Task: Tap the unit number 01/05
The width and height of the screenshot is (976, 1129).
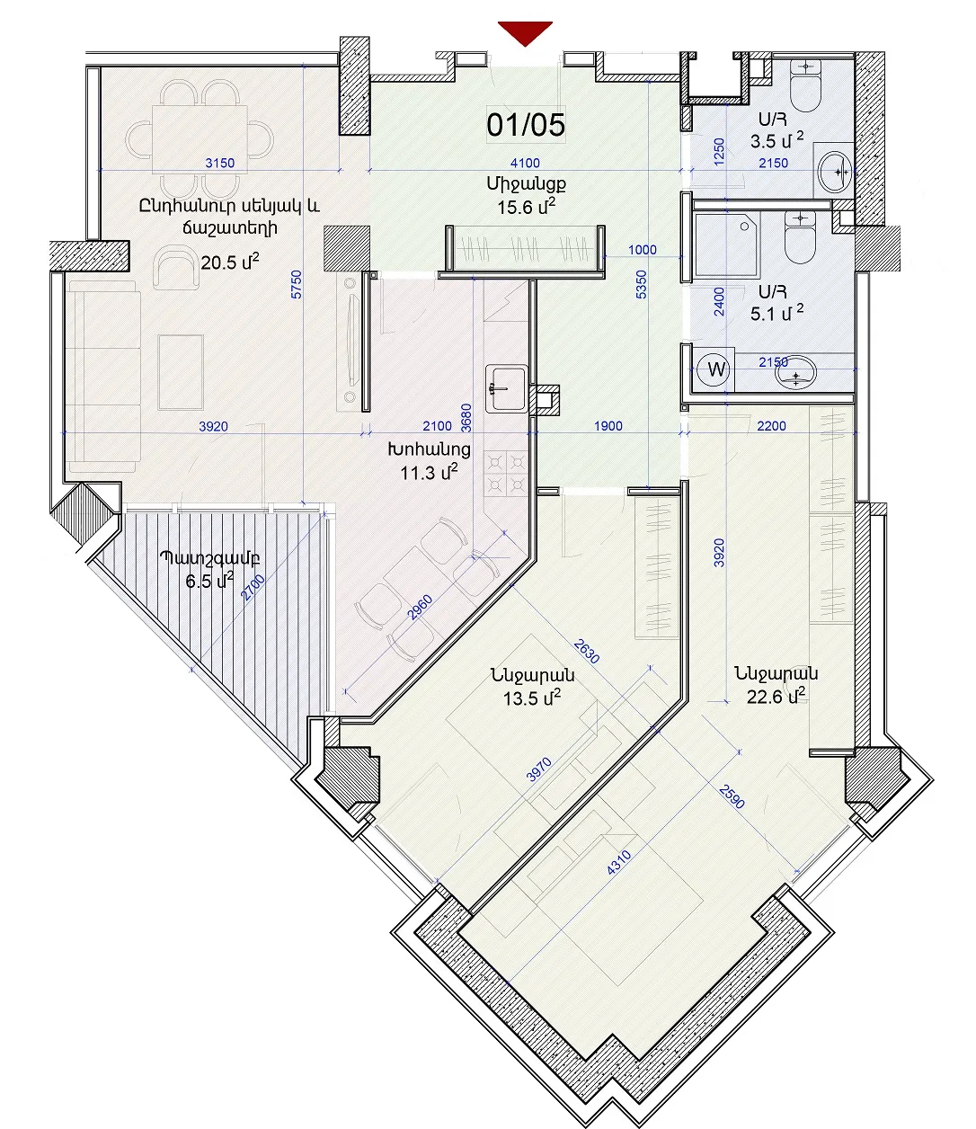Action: (x=526, y=125)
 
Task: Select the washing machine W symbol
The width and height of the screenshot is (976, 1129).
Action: (x=716, y=369)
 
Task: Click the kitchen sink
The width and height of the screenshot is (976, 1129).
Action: (x=506, y=389)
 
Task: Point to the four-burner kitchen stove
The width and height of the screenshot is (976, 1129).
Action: (x=506, y=473)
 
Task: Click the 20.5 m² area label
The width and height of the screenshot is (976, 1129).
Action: (x=229, y=262)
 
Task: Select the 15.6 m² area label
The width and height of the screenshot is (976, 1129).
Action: (x=527, y=207)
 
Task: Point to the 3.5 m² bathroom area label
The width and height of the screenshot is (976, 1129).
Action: (x=776, y=140)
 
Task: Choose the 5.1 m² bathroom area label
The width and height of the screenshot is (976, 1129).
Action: (x=776, y=313)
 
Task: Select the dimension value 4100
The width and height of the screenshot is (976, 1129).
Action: (x=525, y=163)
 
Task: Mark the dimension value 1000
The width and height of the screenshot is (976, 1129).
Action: (x=643, y=250)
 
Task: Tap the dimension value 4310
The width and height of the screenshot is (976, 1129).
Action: (x=619, y=862)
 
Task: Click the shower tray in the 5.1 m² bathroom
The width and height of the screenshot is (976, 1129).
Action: (x=727, y=243)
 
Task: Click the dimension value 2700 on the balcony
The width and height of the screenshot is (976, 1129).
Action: (x=253, y=588)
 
